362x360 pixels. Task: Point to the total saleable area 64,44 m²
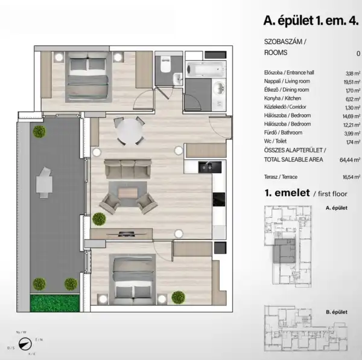point(349,161)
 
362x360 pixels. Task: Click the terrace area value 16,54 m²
point(350,176)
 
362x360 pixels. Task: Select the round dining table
point(129,129)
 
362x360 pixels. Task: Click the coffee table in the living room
point(128,193)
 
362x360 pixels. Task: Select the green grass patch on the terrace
point(54,301)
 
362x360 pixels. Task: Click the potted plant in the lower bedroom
point(178,297)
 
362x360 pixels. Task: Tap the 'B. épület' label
point(335,312)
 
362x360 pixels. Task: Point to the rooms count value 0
point(358,53)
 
